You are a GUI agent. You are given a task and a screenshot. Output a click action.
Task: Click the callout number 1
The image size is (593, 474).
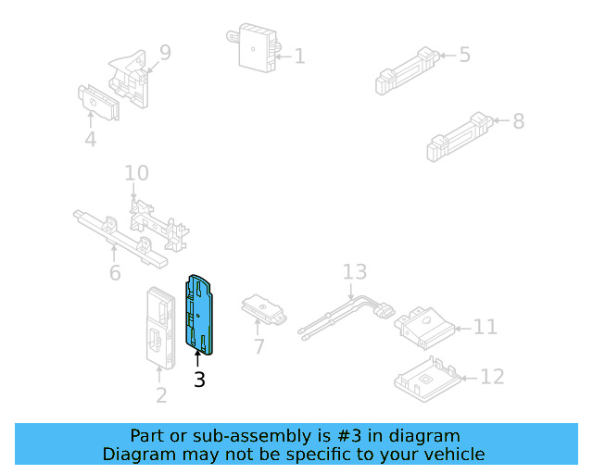pos(299,56)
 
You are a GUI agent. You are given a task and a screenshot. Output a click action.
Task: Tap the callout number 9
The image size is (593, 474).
pos(165,53)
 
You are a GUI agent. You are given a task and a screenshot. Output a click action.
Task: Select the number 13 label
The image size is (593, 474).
pos(355,272)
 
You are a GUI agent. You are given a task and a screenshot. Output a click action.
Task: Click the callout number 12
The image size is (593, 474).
pos(493,378)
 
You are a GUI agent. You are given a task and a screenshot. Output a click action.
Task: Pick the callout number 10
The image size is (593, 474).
pos(136,173)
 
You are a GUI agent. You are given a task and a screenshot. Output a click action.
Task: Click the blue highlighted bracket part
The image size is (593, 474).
pos(201,315)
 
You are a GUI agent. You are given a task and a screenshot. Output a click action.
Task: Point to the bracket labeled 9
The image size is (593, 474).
pos(131,74)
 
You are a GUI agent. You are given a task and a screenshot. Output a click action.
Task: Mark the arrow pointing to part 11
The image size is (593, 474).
pos(462,327)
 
